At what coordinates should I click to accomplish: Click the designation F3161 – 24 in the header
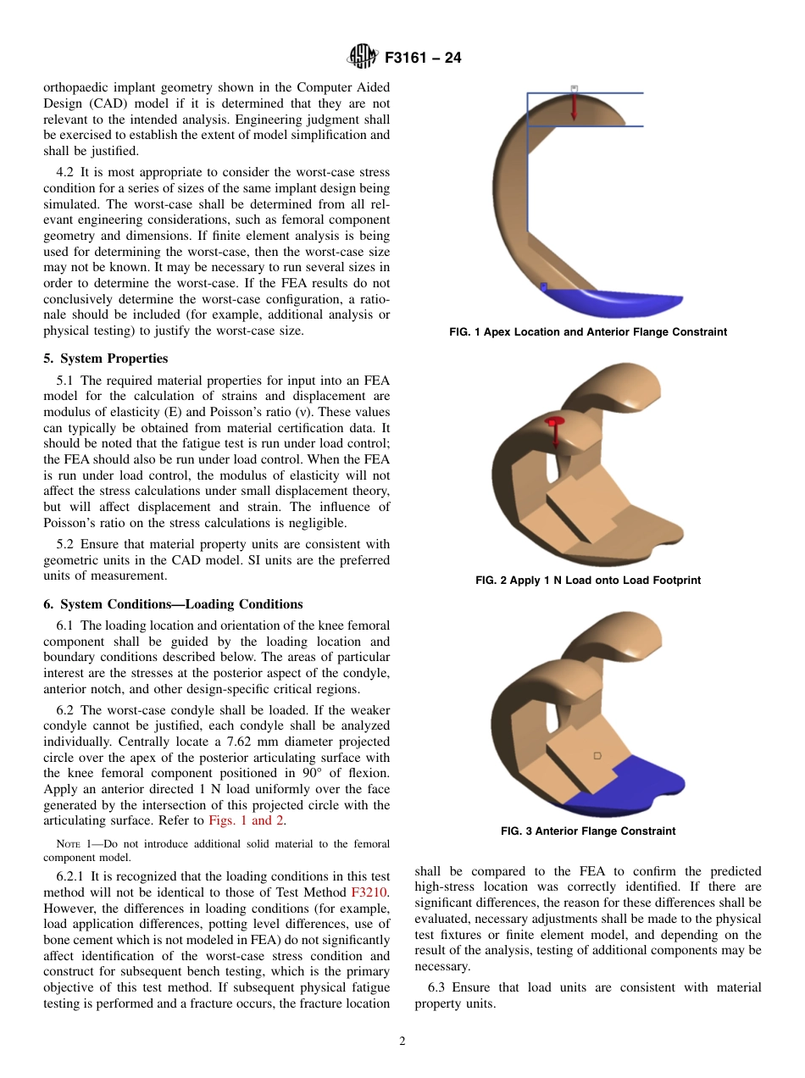pyautogui.click(x=423, y=58)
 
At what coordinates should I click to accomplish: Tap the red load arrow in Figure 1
pyautogui.click(x=574, y=105)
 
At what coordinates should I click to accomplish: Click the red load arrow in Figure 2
pyautogui.click(x=555, y=432)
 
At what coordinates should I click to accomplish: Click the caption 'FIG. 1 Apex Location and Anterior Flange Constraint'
pyautogui.click(x=587, y=332)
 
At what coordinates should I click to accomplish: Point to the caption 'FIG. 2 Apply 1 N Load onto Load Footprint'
pyautogui.click(x=587, y=581)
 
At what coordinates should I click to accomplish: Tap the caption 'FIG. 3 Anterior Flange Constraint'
pyautogui.click(x=587, y=831)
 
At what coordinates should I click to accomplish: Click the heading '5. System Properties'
pyautogui.click(x=105, y=358)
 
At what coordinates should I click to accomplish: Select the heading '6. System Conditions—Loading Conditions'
pyautogui.click(x=173, y=604)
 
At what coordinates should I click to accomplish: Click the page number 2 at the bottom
pyautogui.click(x=402, y=1042)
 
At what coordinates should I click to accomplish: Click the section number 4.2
pyautogui.click(x=66, y=172)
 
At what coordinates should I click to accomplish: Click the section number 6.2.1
pyautogui.click(x=71, y=876)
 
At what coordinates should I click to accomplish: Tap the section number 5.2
pyautogui.click(x=66, y=544)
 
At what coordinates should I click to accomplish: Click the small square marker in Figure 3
pyautogui.click(x=597, y=755)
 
